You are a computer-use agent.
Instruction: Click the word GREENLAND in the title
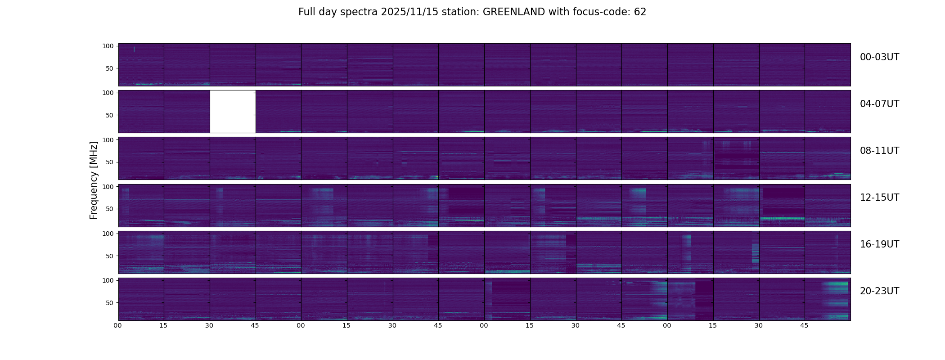513,12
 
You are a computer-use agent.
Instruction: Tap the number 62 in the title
640,12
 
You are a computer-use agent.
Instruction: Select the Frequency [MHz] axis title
94,180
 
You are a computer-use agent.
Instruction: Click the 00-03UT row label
879,57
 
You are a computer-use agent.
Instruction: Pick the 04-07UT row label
879,104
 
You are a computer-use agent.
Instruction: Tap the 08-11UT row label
879,151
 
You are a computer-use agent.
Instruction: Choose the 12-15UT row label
879,198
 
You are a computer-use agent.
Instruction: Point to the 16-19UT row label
879,244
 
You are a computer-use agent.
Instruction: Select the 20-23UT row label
879,291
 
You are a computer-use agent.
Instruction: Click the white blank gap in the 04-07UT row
233,112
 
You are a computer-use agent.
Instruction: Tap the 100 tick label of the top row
108,46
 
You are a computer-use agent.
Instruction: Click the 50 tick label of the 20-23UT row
110,303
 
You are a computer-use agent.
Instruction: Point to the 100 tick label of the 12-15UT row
108,186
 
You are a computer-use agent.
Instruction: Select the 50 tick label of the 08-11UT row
110,162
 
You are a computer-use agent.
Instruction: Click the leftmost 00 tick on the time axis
118,325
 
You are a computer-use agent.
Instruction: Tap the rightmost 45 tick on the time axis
805,325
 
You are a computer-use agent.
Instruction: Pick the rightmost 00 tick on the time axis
667,325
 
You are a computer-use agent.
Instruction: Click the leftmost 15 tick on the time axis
163,325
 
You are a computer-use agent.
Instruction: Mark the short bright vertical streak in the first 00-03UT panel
134,49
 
